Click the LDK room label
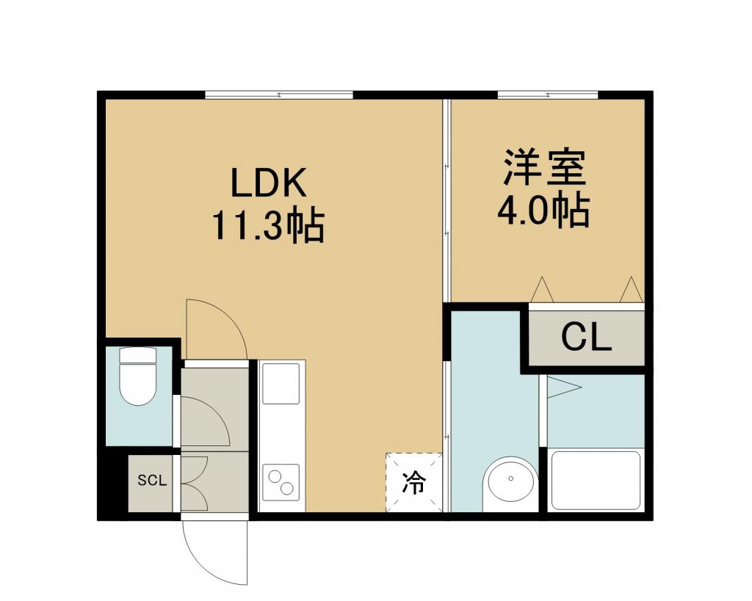click(x=269, y=183)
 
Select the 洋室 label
click(x=545, y=168)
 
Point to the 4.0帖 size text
click(x=543, y=211)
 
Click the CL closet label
click(x=587, y=338)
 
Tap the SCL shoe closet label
click(x=152, y=480)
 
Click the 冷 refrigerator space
click(x=414, y=482)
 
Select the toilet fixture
click(x=138, y=376)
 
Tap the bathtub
click(x=596, y=480)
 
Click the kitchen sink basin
click(x=281, y=383)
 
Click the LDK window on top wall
click(x=279, y=95)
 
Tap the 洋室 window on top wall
click(x=548, y=95)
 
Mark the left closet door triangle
click(x=543, y=289)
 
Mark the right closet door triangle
click(x=631, y=289)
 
